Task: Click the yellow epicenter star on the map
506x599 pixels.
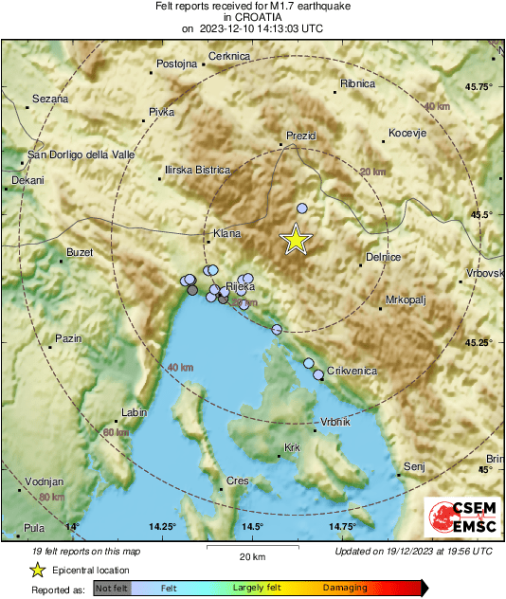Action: (x=296, y=241)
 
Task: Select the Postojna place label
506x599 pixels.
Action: (x=177, y=64)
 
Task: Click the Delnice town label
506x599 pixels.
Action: (x=384, y=257)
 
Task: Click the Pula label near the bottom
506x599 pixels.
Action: (x=34, y=528)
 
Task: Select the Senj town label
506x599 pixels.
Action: (x=414, y=466)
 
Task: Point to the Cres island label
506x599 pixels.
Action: (x=238, y=481)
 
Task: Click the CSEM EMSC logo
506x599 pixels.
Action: (x=459, y=517)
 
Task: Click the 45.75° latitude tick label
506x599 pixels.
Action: (x=479, y=86)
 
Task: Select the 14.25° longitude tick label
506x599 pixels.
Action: (x=163, y=526)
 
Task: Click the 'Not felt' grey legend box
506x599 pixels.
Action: (x=112, y=588)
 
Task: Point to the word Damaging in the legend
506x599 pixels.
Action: (x=345, y=588)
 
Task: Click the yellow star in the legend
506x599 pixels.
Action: (x=37, y=570)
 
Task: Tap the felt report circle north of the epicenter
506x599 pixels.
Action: (x=302, y=208)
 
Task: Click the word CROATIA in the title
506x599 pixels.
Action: (x=252, y=17)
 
